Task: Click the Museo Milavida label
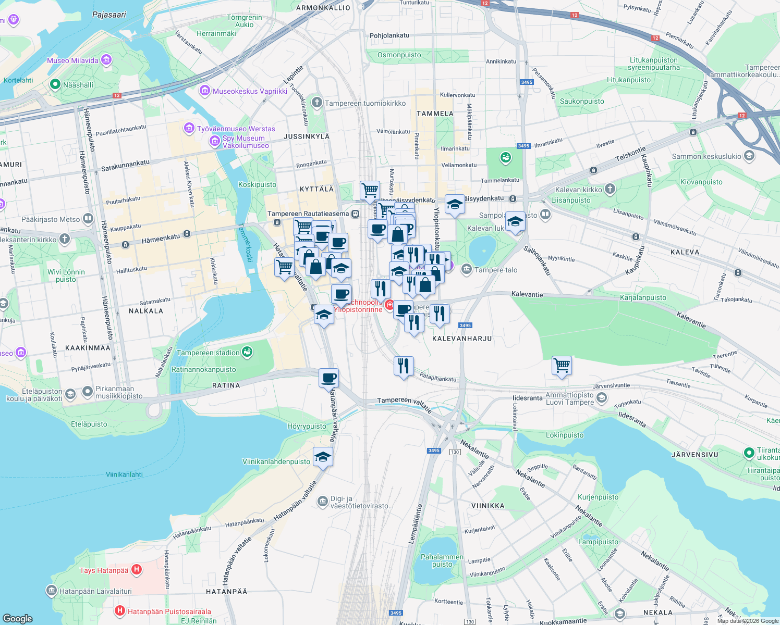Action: click(72, 60)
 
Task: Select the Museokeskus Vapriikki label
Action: click(250, 91)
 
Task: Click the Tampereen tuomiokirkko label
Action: click(365, 103)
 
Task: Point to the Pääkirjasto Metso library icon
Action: click(88, 219)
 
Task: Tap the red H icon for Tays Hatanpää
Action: click(136, 570)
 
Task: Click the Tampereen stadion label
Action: click(208, 353)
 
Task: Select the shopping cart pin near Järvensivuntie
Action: click(562, 366)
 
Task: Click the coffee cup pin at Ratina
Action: click(328, 378)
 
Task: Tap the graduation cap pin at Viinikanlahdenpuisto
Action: click(323, 457)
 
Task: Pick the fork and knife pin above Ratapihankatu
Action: click(404, 366)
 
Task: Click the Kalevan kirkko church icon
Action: click(610, 189)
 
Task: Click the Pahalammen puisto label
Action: click(442, 560)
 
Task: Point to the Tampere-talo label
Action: click(496, 270)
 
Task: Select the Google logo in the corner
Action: click(17, 618)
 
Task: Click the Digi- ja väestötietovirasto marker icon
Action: click(323, 500)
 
